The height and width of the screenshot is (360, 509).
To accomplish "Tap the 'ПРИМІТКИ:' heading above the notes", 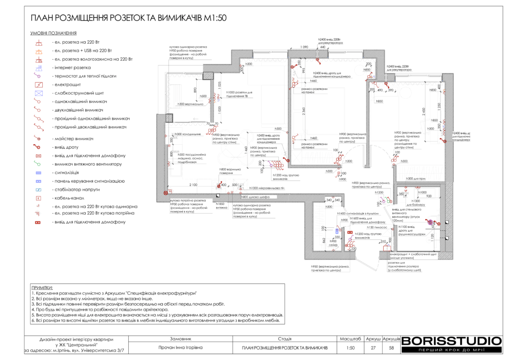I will coord(42,288).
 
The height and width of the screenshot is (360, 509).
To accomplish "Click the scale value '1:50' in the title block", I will coord(350,348).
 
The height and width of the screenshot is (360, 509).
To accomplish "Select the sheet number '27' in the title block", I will coord(373,348).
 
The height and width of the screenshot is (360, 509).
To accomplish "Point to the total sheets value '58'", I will coord(391,348).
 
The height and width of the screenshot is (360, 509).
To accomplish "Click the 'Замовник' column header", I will coord(180,338).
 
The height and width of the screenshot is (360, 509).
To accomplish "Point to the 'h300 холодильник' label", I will coord(187,134).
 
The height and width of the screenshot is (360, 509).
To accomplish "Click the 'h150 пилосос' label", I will coord(376,227).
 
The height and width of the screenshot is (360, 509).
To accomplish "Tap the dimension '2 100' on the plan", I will coord(193,185).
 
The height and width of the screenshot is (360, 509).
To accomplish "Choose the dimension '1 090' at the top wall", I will coord(304,47).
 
